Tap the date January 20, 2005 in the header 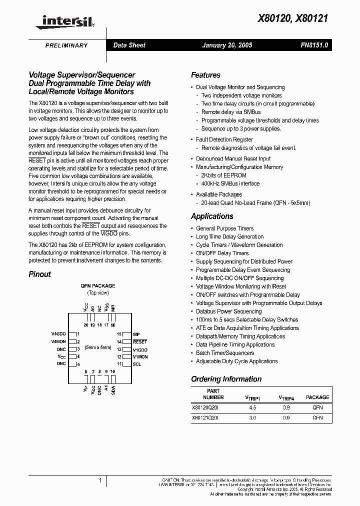[x=227, y=45]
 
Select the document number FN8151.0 [x=314, y=45]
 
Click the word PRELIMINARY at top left [x=66, y=45]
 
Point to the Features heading [x=205, y=75]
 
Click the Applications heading [x=212, y=216]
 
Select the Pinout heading [x=39, y=274]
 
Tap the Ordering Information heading [x=226, y=379]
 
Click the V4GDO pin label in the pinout [x=58, y=334]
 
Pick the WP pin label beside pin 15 [x=135, y=334]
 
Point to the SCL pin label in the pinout [x=137, y=364]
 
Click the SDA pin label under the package [x=113, y=390]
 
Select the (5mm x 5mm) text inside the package [x=98, y=347]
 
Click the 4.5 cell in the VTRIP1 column [x=252, y=407]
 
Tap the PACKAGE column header [x=317, y=397]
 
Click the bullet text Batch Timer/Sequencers [x=225, y=353]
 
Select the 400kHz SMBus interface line [x=230, y=183]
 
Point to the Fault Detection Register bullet [x=224, y=139]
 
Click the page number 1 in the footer [x=100, y=480]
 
